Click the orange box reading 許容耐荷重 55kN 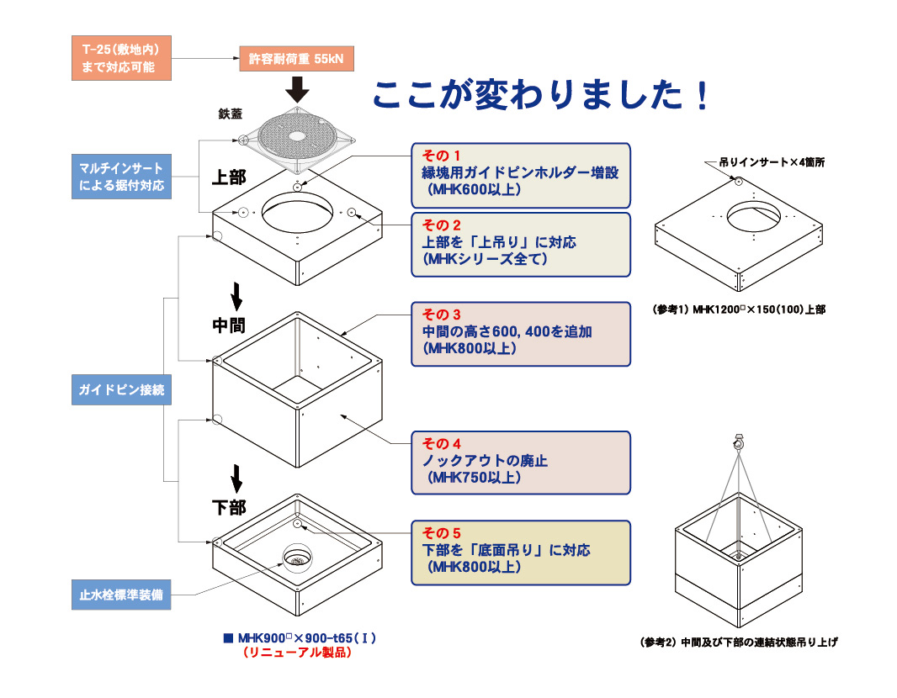click(x=296, y=60)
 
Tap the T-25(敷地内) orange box click(x=118, y=59)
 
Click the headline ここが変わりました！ click(x=542, y=95)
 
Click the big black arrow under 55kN click(x=296, y=87)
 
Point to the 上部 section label click(x=228, y=177)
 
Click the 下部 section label click(x=228, y=507)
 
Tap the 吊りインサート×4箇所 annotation click(x=772, y=162)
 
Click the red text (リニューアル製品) click(x=296, y=652)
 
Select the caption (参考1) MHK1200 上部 click(x=739, y=309)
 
